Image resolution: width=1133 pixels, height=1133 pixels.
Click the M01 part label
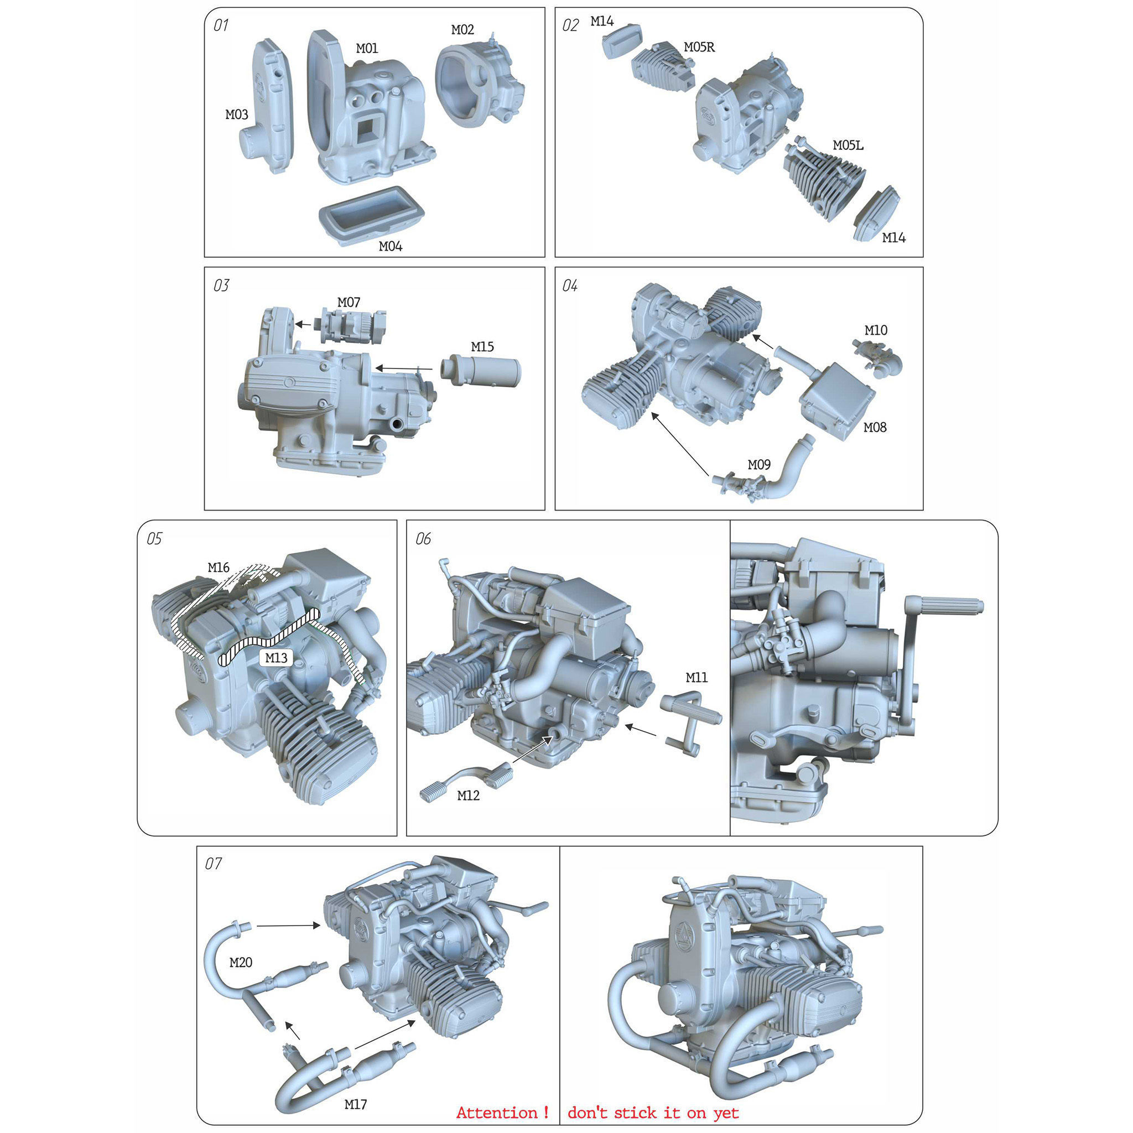[x=367, y=48]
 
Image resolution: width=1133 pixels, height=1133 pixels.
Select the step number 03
[x=221, y=285]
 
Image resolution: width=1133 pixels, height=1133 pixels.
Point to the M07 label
[x=349, y=302]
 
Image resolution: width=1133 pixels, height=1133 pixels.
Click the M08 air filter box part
[x=836, y=401]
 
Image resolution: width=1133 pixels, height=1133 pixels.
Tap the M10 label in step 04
[x=876, y=330]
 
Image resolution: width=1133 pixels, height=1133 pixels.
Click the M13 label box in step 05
[x=276, y=657]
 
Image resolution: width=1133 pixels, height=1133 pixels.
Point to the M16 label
[x=218, y=567]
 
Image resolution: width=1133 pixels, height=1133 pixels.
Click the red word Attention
[x=497, y=1113]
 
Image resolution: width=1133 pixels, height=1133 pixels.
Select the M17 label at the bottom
[x=355, y=1104]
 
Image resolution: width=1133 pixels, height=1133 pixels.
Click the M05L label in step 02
[x=848, y=145]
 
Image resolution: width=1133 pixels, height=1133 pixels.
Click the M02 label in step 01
[x=462, y=29]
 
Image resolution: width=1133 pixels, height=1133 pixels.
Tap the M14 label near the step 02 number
[x=602, y=21]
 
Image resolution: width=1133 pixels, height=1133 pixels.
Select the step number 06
[x=423, y=538]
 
